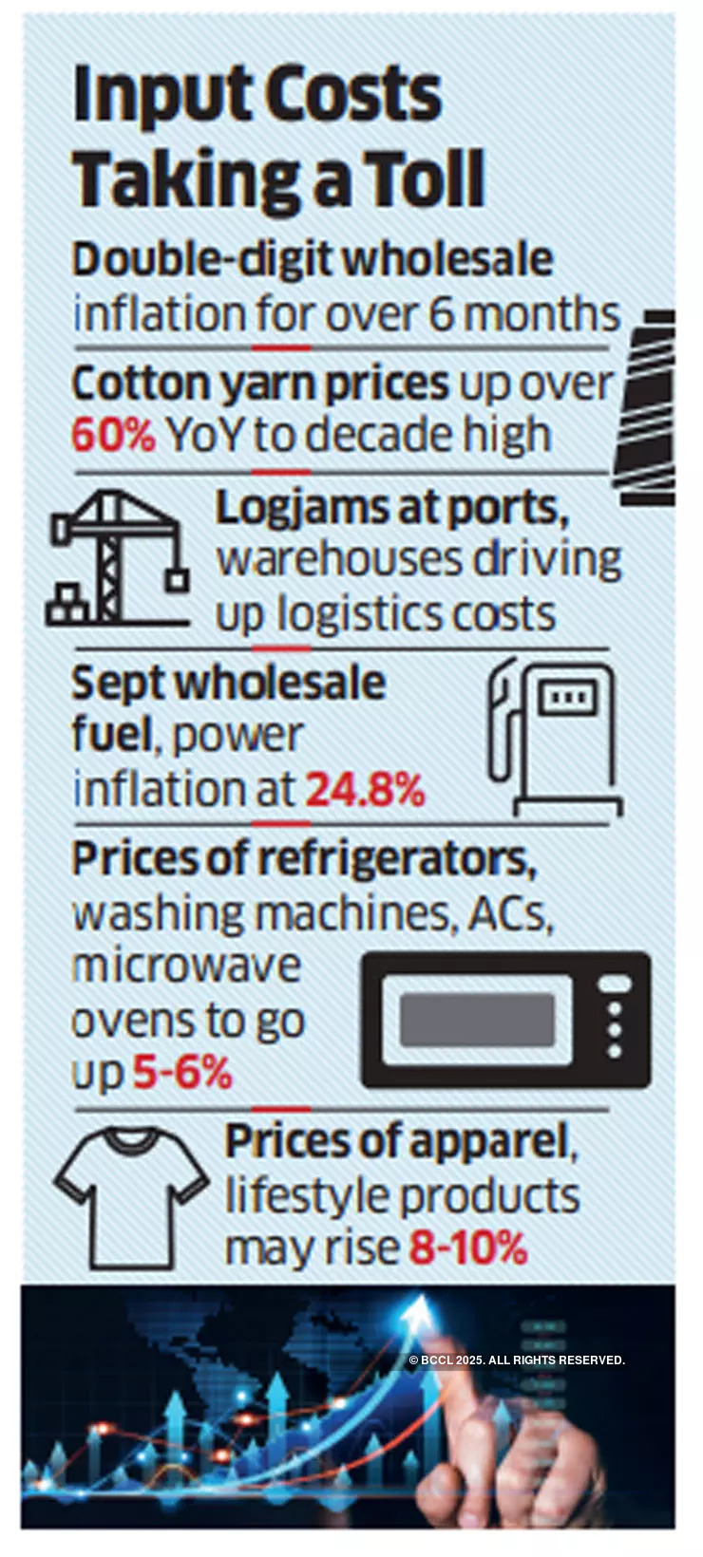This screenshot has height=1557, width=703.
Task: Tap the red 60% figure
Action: [x=113, y=436]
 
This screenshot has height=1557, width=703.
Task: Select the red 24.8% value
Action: [x=365, y=789]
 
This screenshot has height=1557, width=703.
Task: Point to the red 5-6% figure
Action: [x=181, y=1073]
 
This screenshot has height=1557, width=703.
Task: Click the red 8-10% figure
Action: [x=467, y=1247]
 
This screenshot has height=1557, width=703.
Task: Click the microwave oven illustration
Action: [x=505, y=1020]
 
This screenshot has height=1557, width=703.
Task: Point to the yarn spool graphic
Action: [x=648, y=406]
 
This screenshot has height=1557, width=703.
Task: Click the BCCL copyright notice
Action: [x=516, y=1360]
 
